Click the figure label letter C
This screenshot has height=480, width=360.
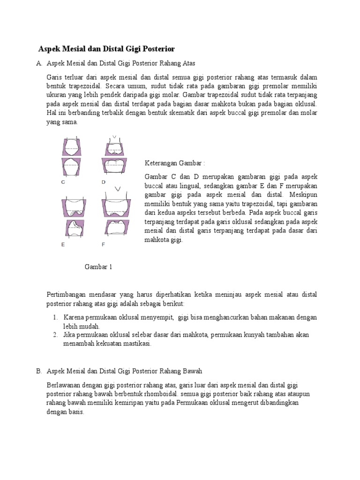point(63,182)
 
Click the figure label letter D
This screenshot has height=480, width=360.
point(104,182)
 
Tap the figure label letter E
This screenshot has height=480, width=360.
point(63,244)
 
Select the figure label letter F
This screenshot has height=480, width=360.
point(104,244)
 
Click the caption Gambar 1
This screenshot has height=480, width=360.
point(98,267)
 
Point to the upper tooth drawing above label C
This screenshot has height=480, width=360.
point(71,147)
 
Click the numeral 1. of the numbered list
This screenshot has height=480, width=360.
point(55,317)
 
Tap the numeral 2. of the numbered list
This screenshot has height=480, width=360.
point(55,335)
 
